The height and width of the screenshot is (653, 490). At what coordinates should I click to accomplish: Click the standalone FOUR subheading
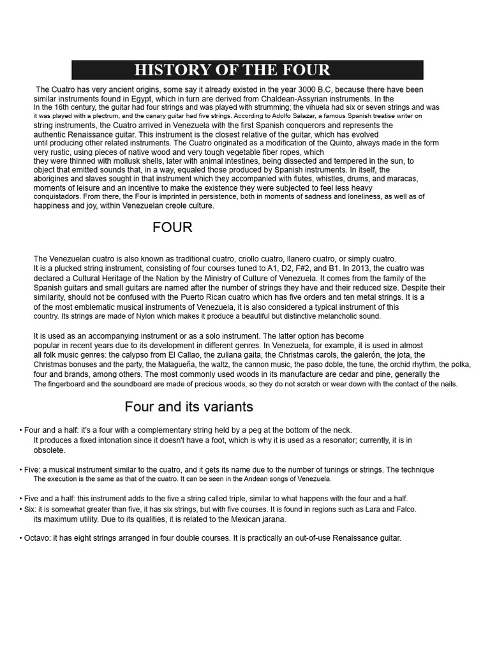[x=172, y=228]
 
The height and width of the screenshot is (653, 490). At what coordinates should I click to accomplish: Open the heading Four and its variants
[x=189, y=407]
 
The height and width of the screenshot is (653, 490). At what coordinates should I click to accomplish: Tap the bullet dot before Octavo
[x=21, y=538]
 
